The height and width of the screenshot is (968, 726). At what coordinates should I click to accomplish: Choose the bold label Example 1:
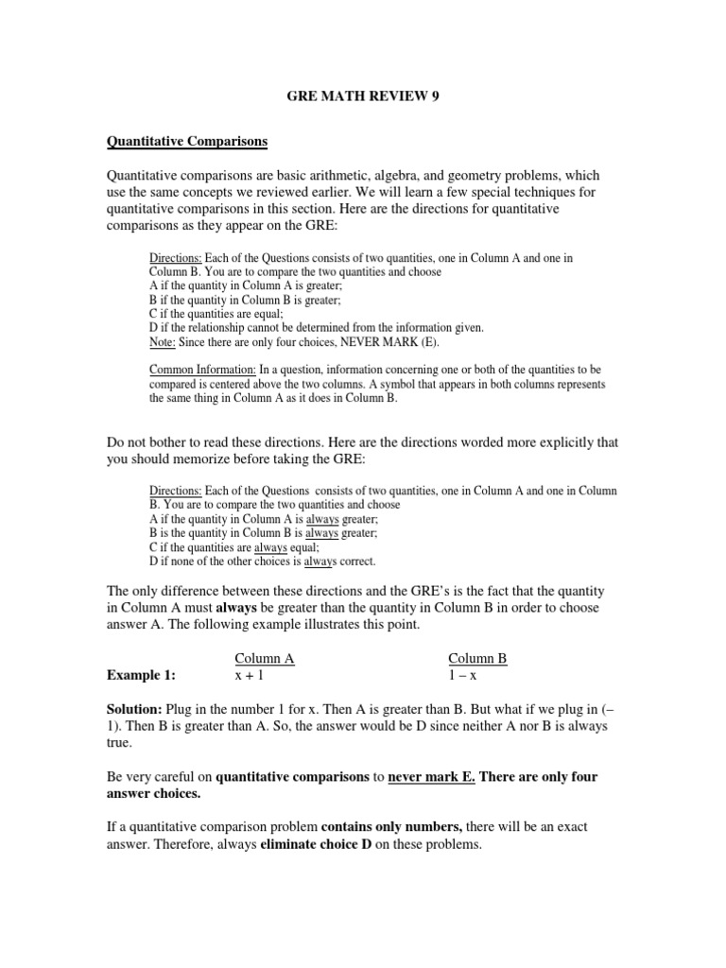[141, 676]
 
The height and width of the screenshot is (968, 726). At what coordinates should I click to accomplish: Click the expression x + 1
[251, 676]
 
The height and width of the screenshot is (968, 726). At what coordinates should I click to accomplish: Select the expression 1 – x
[464, 676]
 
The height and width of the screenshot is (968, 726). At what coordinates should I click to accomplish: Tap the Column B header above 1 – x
[477, 659]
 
